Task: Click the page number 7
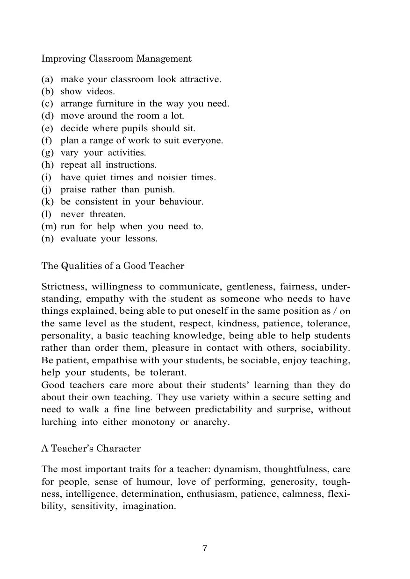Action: pyautogui.click(x=205, y=548)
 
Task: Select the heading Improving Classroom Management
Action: pyautogui.click(x=116, y=59)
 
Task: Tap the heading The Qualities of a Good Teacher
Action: pyautogui.click(x=113, y=266)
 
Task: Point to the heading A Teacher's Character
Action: pyautogui.click(x=91, y=449)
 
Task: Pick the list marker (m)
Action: pyautogui.click(x=49, y=226)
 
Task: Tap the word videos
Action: pyautogui.click(x=101, y=92)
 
